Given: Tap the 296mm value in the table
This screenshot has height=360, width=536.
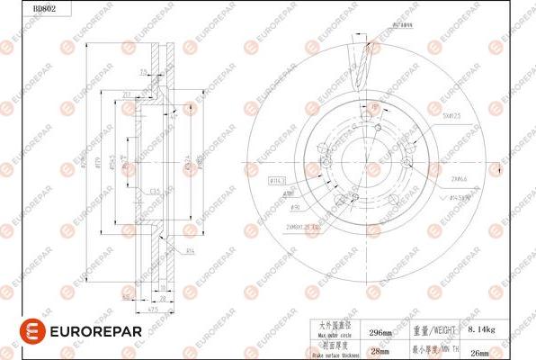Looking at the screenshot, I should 381,332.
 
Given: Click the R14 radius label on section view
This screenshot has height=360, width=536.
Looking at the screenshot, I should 190,249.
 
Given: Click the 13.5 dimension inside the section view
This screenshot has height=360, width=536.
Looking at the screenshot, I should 155,191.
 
